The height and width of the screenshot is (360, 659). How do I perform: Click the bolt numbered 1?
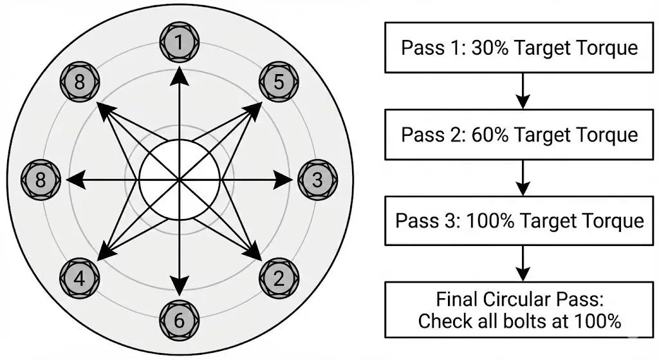tap(180, 43)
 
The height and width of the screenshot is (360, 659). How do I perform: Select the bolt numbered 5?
tap(279, 82)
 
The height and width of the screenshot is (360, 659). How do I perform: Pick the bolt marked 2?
tap(279, 279)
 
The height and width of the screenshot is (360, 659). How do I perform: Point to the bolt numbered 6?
tap(180, 319)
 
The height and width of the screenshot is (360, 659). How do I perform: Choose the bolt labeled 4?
tap(80, 279)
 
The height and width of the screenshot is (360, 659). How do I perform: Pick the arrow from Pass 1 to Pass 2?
tap(523, 91)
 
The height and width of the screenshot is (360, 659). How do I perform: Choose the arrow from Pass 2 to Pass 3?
tap(523, 177)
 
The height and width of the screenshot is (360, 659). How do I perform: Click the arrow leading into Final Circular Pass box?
tap(523, 263)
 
